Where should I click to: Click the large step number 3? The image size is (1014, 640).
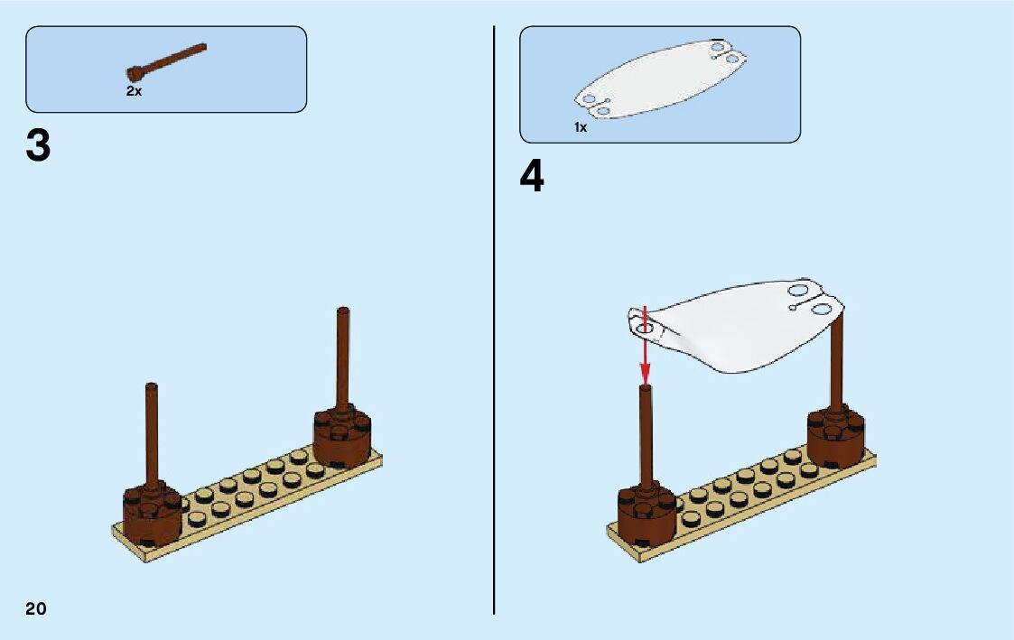pos(38,146)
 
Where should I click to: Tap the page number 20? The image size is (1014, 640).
pos(36,608)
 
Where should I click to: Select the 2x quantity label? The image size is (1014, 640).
pos(134,91)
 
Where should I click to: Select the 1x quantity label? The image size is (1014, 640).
pos(581,127)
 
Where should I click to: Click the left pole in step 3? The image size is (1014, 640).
pos(152,433)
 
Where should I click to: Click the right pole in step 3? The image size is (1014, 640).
pos(343,357)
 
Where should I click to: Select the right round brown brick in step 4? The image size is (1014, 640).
pos(836,435)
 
